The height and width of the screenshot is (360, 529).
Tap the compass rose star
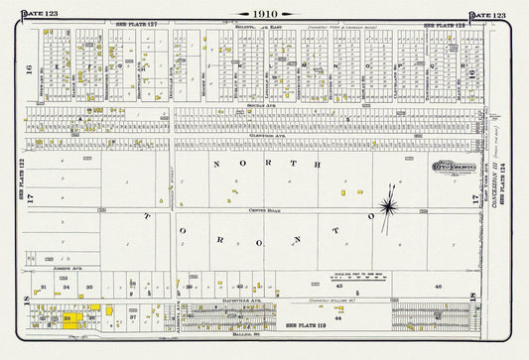click(387, 206)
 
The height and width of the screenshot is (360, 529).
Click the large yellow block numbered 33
click(72, 319)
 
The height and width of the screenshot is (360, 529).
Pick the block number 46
click(438, 286)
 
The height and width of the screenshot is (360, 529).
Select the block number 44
click(338, 318)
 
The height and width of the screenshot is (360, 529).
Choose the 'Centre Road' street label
click(239, 211)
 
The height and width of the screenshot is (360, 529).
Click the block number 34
click(66, 287)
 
